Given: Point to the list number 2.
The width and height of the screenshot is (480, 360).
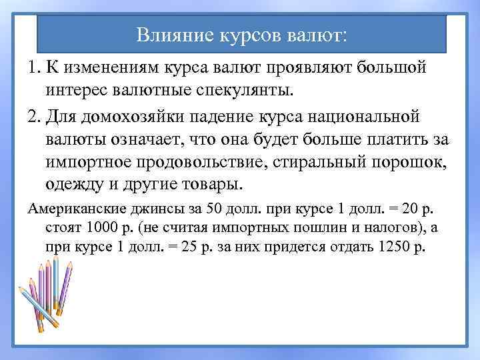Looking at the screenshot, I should (x=35, y=117).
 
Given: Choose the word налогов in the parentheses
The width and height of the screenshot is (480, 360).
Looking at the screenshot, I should (x=361, y=229).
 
